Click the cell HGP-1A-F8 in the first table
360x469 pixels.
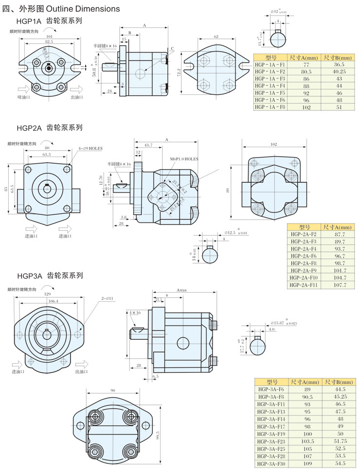tap(270, 106)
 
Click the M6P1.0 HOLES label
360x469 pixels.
tap(184, 159)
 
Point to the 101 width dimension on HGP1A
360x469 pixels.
tap(50, 36)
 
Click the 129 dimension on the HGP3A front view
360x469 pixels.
tap(48, 295)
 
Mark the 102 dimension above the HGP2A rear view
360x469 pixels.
tap(274, 144)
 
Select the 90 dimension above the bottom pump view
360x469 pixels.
tap(113, 391)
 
